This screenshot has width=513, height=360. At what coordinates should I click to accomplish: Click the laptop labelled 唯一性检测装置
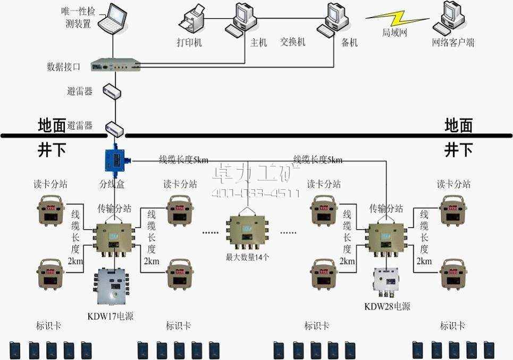114,17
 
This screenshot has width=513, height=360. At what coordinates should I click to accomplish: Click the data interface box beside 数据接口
114,65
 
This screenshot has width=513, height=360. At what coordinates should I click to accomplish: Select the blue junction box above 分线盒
114,159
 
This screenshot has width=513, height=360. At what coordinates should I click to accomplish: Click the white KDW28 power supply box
386,283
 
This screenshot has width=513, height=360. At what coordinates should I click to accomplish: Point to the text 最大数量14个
248,257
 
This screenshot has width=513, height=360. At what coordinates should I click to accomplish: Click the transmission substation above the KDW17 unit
114,233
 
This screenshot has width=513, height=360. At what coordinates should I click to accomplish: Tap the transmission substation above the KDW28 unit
386,235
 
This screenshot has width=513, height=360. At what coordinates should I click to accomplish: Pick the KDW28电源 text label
387,306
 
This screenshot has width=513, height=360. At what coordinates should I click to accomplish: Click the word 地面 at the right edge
458,125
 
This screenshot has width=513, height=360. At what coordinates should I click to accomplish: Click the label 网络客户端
453,43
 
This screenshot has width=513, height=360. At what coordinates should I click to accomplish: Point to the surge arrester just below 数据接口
113,91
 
